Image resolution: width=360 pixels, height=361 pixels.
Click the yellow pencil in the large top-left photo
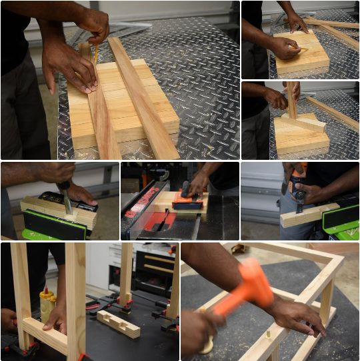(95, 53)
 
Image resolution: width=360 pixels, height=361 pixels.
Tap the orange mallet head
(253, 284)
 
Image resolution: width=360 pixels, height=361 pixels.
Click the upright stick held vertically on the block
(292, 101)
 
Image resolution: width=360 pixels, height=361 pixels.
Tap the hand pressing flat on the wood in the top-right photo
(285, 47)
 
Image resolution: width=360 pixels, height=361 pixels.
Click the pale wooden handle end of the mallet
(207, 344)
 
